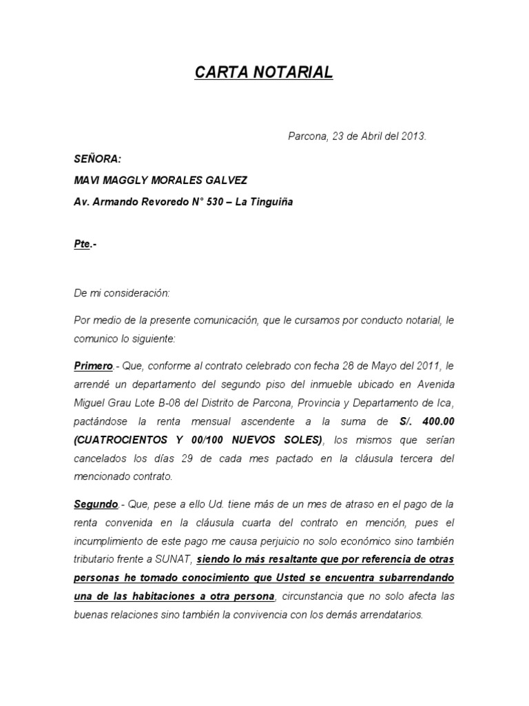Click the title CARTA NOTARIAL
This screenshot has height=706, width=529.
264,72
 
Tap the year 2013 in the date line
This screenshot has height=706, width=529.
413,137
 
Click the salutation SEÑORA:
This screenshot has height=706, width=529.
98,159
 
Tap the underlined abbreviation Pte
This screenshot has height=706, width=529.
82,245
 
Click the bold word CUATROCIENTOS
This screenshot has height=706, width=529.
118,440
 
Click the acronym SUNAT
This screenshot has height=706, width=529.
175,558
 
